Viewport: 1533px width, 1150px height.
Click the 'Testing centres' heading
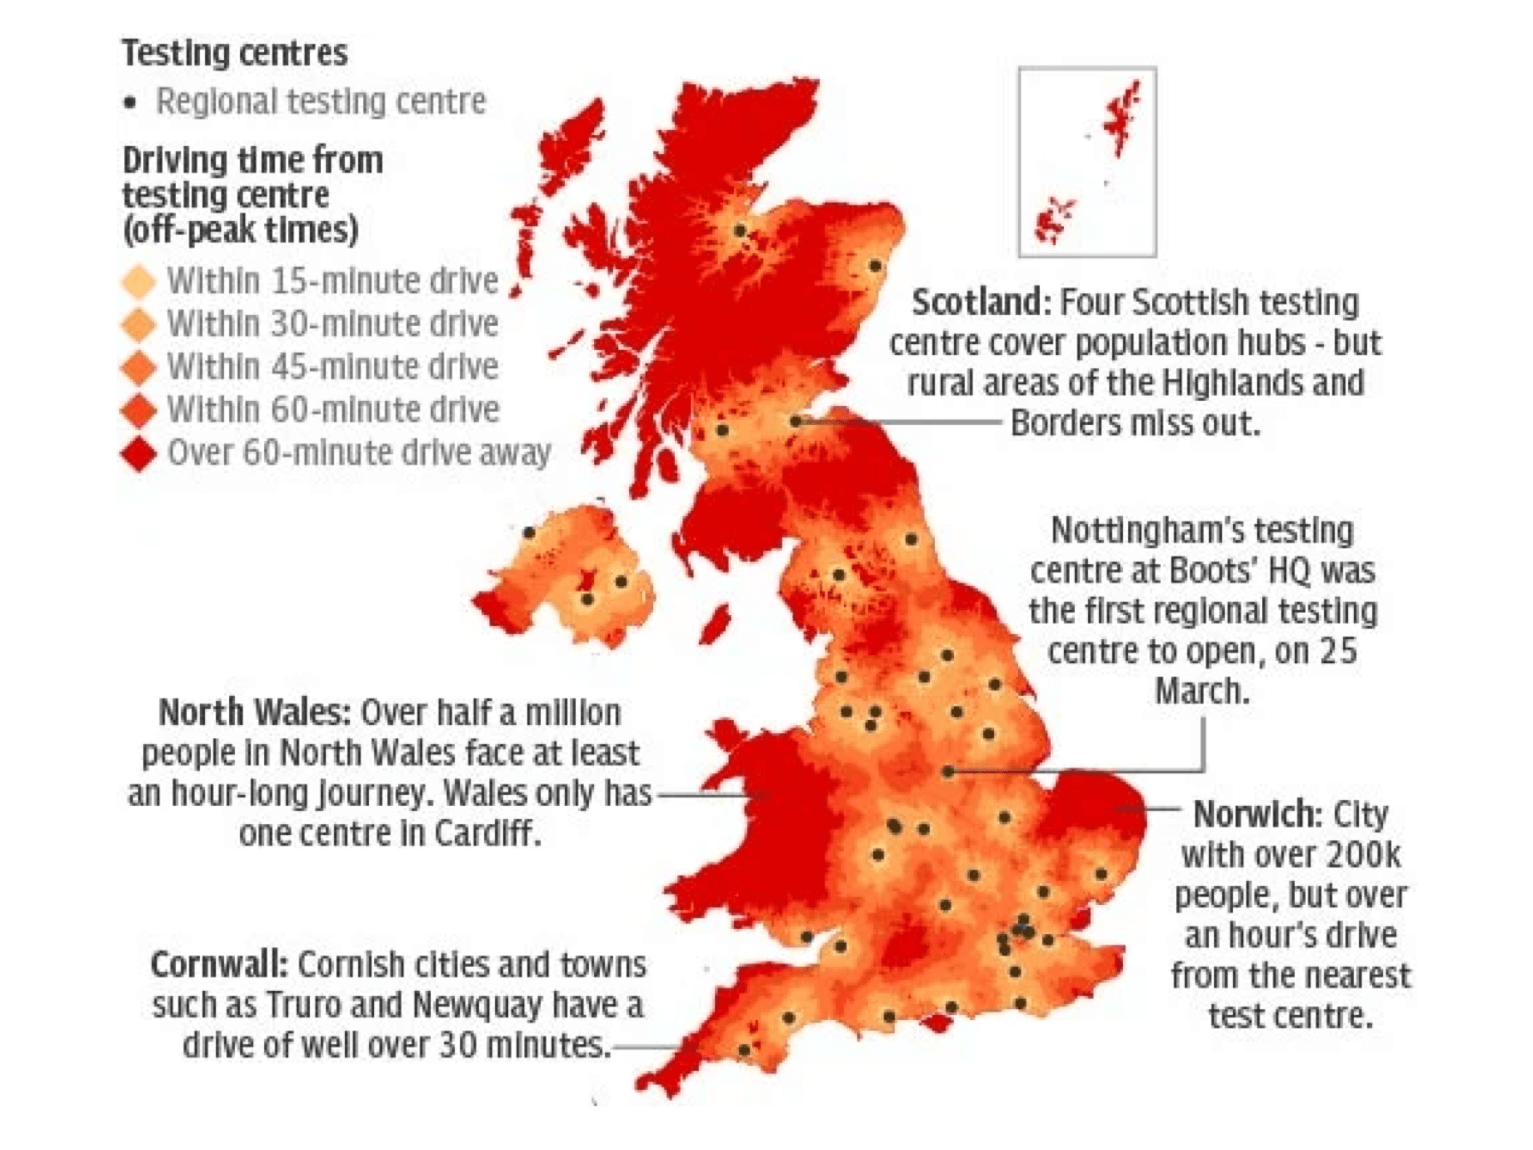tap(234, 53)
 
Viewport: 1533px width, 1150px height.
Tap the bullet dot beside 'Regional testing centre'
tap(129, 102)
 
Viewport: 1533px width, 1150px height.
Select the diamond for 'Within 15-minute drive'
tap(139, 281)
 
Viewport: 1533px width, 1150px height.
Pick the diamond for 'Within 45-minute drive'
tap(139, 367)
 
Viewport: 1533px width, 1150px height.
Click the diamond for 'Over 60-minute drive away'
tap(139, 453)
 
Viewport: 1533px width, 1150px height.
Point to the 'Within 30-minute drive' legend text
tap(332, 323)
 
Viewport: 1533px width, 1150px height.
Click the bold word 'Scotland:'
tap(981, 302)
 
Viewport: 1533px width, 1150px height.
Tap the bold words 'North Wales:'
tap(254, 713)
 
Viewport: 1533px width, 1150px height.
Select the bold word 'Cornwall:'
tap(219, 965)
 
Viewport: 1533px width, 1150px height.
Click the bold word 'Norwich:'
tap(1257, 814)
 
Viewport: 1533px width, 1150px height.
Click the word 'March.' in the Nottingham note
tap(1202, 692)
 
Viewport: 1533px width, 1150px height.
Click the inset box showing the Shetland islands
tap(1087, 162)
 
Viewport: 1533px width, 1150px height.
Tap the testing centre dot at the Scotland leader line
tap(796, 422)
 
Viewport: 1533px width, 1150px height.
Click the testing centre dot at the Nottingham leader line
tap(948, 772)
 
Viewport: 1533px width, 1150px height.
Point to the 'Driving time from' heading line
tap(252, 160)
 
